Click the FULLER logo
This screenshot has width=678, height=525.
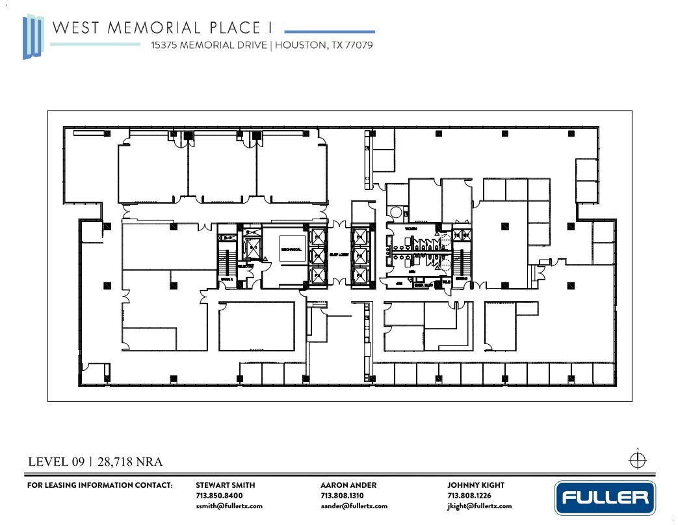tap(604, 498)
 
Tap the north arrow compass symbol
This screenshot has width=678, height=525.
tap(638, 459)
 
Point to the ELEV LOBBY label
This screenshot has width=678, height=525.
tap(339, 254)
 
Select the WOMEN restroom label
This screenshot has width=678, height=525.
tap(410, 229)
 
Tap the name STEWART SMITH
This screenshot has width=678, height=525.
tap(225, 485)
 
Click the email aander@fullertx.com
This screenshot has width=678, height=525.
tap(354, 506)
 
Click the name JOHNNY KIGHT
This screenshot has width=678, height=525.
tap(475, 485)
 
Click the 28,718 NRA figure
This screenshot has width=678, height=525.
tap(130, 463)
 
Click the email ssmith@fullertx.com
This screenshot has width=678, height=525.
tap(229, 506)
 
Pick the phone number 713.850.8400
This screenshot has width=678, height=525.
tap(219, 496)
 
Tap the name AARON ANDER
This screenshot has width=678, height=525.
tap(348, 485)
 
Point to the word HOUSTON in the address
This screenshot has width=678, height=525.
tap(299, 46)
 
